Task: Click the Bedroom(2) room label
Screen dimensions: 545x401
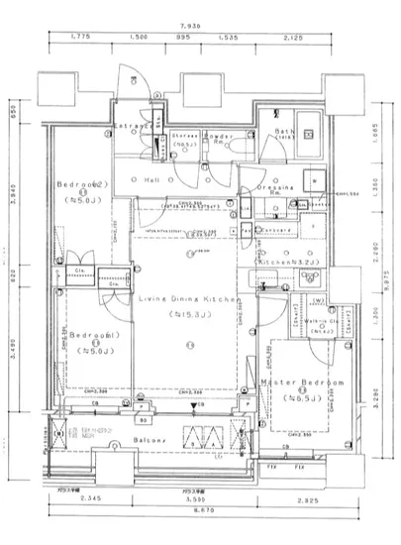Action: click(x=80, y=184)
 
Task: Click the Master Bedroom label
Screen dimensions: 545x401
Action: click(x=302, y=382)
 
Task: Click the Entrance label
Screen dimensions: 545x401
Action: click(x=135, y=128)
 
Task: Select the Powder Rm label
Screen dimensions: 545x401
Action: click(x=220, y=139)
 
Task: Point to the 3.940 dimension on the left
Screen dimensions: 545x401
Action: click(x=12, y=187)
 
